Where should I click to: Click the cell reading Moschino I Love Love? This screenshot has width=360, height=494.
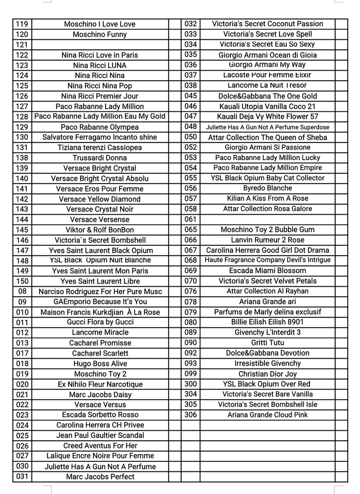pyautogui.click(x=100, y=24)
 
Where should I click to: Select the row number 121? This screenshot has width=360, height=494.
pyautogui.click(x=22, y=45)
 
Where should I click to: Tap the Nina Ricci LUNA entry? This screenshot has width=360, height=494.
pyautogui.click(x=100, y=65)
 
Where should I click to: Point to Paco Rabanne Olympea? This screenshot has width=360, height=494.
pyautogui.click(x=100, y=127)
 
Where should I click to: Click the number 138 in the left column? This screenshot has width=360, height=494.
pyautogui.click(x=22, y=158)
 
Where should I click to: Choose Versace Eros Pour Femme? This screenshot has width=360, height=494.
pyautogui.click(x=100, y=189)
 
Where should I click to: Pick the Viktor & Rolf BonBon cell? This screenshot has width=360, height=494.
pyautogui.click(x=100, y=230)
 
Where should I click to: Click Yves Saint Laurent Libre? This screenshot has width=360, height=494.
pyautogui.click(x=100, y=281)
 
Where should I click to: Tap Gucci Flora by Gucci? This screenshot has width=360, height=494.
pyautogui.click(x=100, y=322)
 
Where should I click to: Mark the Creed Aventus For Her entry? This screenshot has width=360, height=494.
pyautogui.click(x=100, y=445)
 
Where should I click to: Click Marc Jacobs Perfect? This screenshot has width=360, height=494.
pyautogui.click(x=100, y=476)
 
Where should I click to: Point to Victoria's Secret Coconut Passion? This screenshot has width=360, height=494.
pyautogui.click(x=267, y=24)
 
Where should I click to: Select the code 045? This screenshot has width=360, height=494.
pyautogui.click(x=191, y=96)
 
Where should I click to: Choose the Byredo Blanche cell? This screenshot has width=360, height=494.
pyautogui.click(x=267, y=188)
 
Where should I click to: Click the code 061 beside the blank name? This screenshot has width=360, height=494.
pyautogui.click(x=191, y=219)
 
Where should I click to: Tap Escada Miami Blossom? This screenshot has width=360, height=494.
pyautogui.click(x=267, y=271)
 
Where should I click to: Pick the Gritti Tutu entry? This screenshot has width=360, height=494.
pyautogui.click(x=267, y=343)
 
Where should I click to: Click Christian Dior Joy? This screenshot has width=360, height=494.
pyautogui.click(x=267, y=374)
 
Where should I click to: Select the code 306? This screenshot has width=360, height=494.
pyautogui.click(x=191, y=414)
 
